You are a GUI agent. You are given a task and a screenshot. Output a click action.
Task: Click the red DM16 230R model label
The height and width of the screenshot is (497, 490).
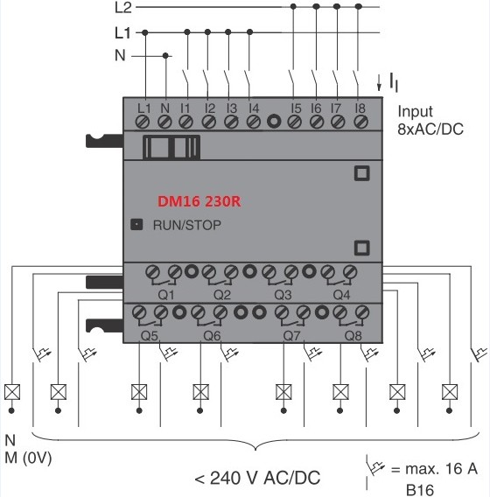point(199,201)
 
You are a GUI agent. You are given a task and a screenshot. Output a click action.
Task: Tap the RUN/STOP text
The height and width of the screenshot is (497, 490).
point(187,225)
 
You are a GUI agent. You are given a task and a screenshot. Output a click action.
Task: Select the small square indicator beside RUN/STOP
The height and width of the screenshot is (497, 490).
point(136,224)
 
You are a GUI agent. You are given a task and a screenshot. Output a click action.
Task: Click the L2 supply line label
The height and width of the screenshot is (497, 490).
point(123,8)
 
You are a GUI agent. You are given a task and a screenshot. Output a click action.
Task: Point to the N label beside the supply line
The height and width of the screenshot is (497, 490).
point(120,55)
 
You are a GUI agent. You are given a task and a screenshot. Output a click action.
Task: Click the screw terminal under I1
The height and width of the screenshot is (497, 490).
point(185,122)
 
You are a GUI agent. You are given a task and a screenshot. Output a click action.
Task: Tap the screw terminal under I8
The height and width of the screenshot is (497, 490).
point(360,122)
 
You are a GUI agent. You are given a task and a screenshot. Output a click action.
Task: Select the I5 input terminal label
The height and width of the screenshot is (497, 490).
point(296,108)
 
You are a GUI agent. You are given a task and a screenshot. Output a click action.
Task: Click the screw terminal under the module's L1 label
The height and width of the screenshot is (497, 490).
point(143,122)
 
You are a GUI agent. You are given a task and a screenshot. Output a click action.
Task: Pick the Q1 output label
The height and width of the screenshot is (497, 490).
point(166,295)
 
